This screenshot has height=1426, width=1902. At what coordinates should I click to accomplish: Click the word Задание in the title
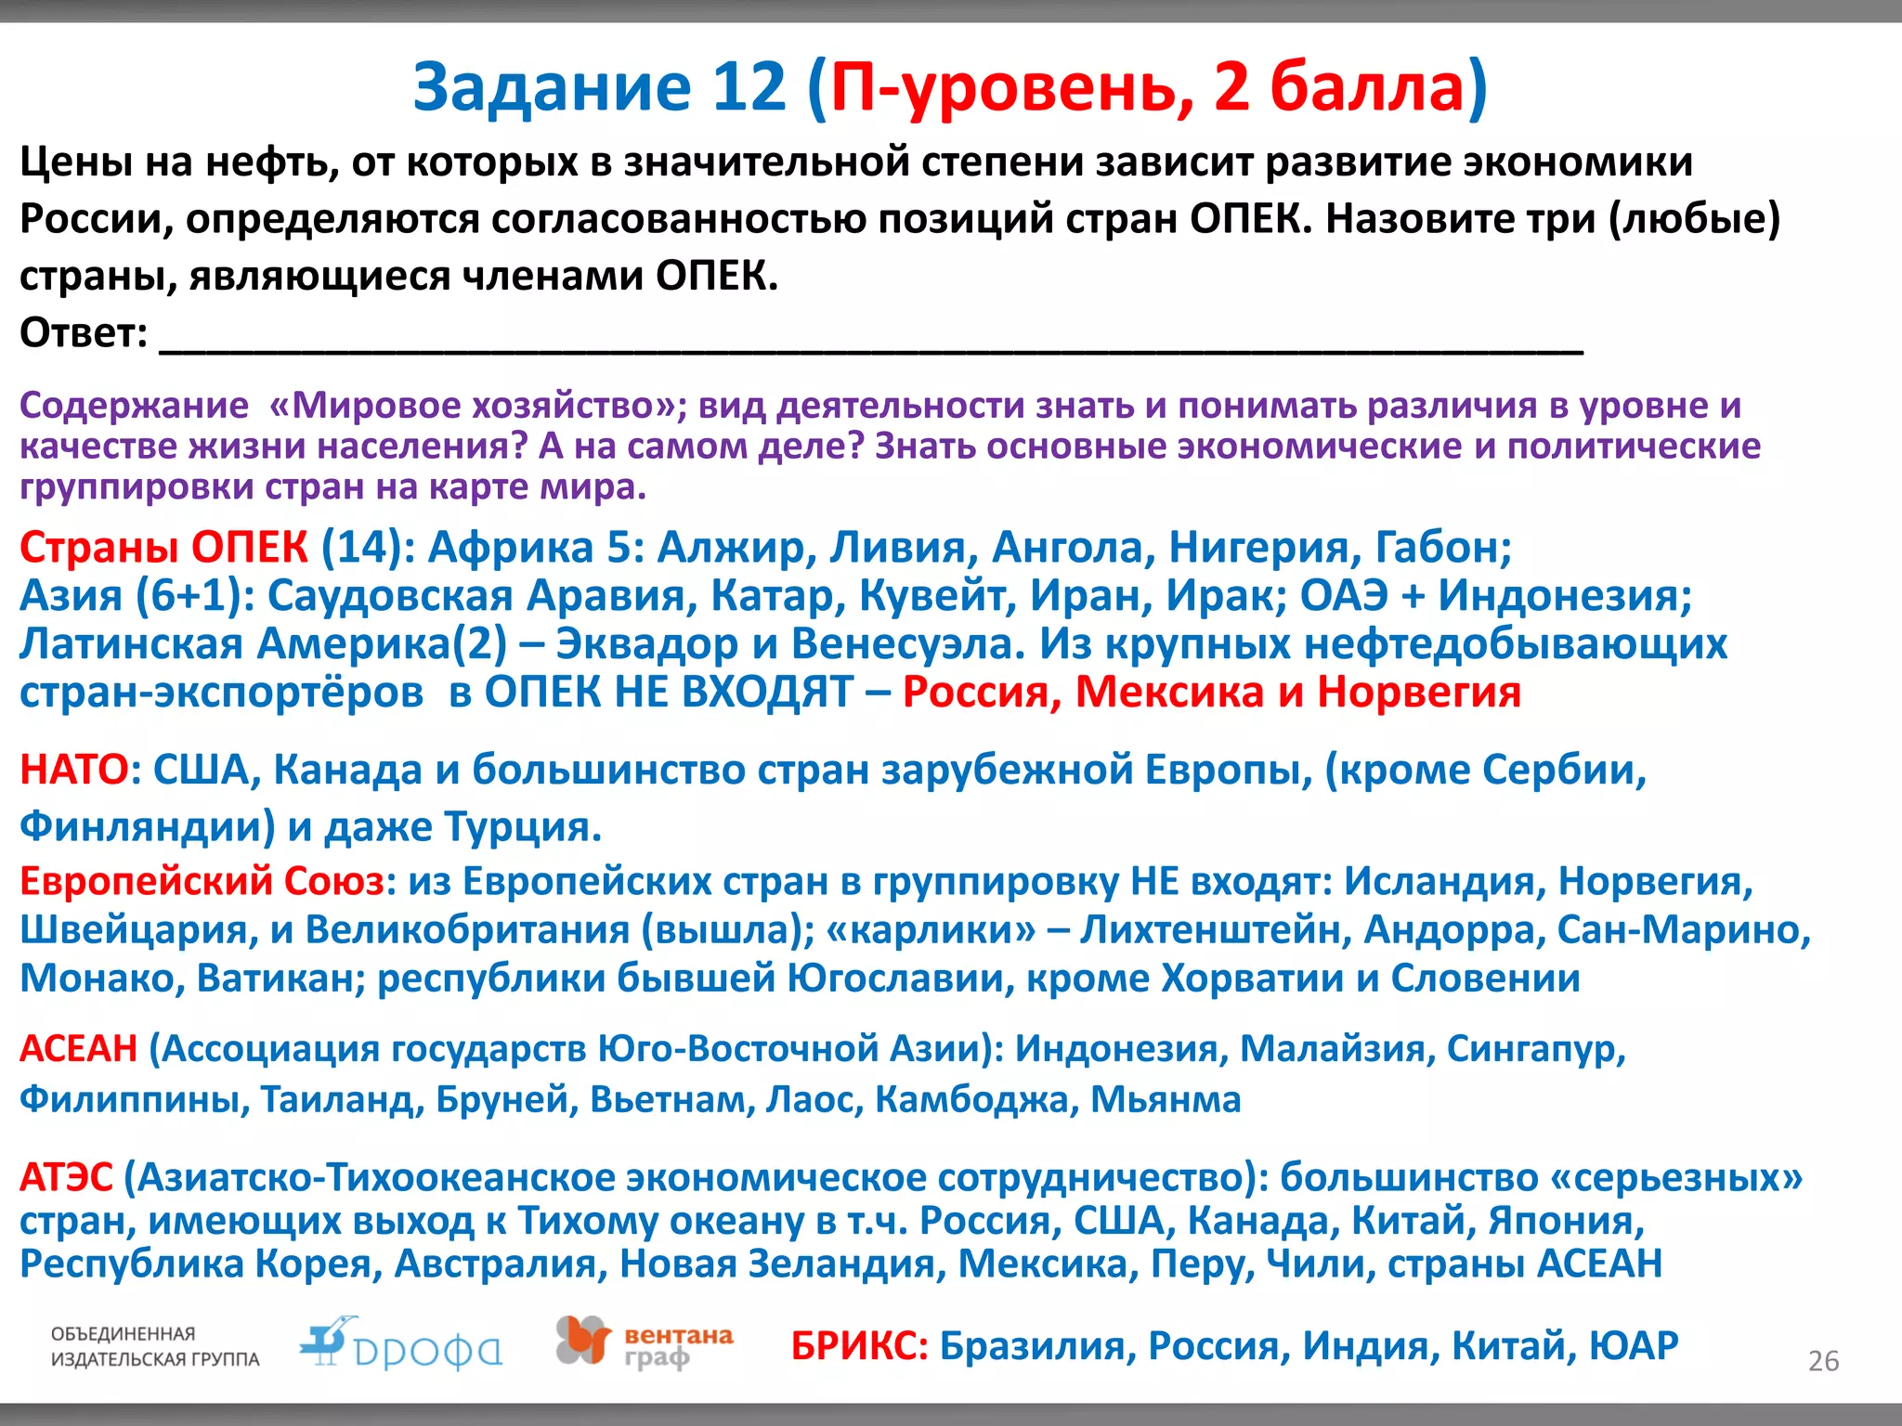tap(552, 87)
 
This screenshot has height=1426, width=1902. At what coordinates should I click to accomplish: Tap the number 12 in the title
tap(749, 87)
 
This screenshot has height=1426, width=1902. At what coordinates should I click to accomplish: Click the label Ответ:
tap(84, 332)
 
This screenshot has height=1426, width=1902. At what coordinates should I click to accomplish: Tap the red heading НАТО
tap(74, 770)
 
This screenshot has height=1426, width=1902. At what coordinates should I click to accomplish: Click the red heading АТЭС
tap(66, 1177)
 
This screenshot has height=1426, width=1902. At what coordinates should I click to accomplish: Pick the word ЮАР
tap(1634, 1345)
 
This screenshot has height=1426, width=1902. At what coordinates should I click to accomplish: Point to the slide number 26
tap(1823, 1361)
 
